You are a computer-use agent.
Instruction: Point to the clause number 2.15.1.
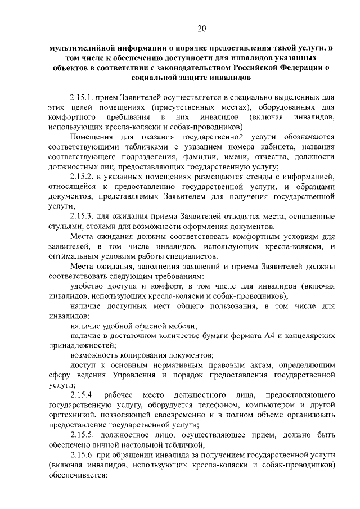pyautogui.click(x=83, y=97)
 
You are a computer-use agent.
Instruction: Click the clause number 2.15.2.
pyautogui.click(x=83, y=177)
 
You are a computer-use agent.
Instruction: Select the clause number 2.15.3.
pyautogui.click(x=83, y=217)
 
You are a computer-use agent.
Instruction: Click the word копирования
pyautogui.click(x=147, y=355)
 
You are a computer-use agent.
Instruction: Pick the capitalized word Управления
pyautogui.click(x=137, y=375)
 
